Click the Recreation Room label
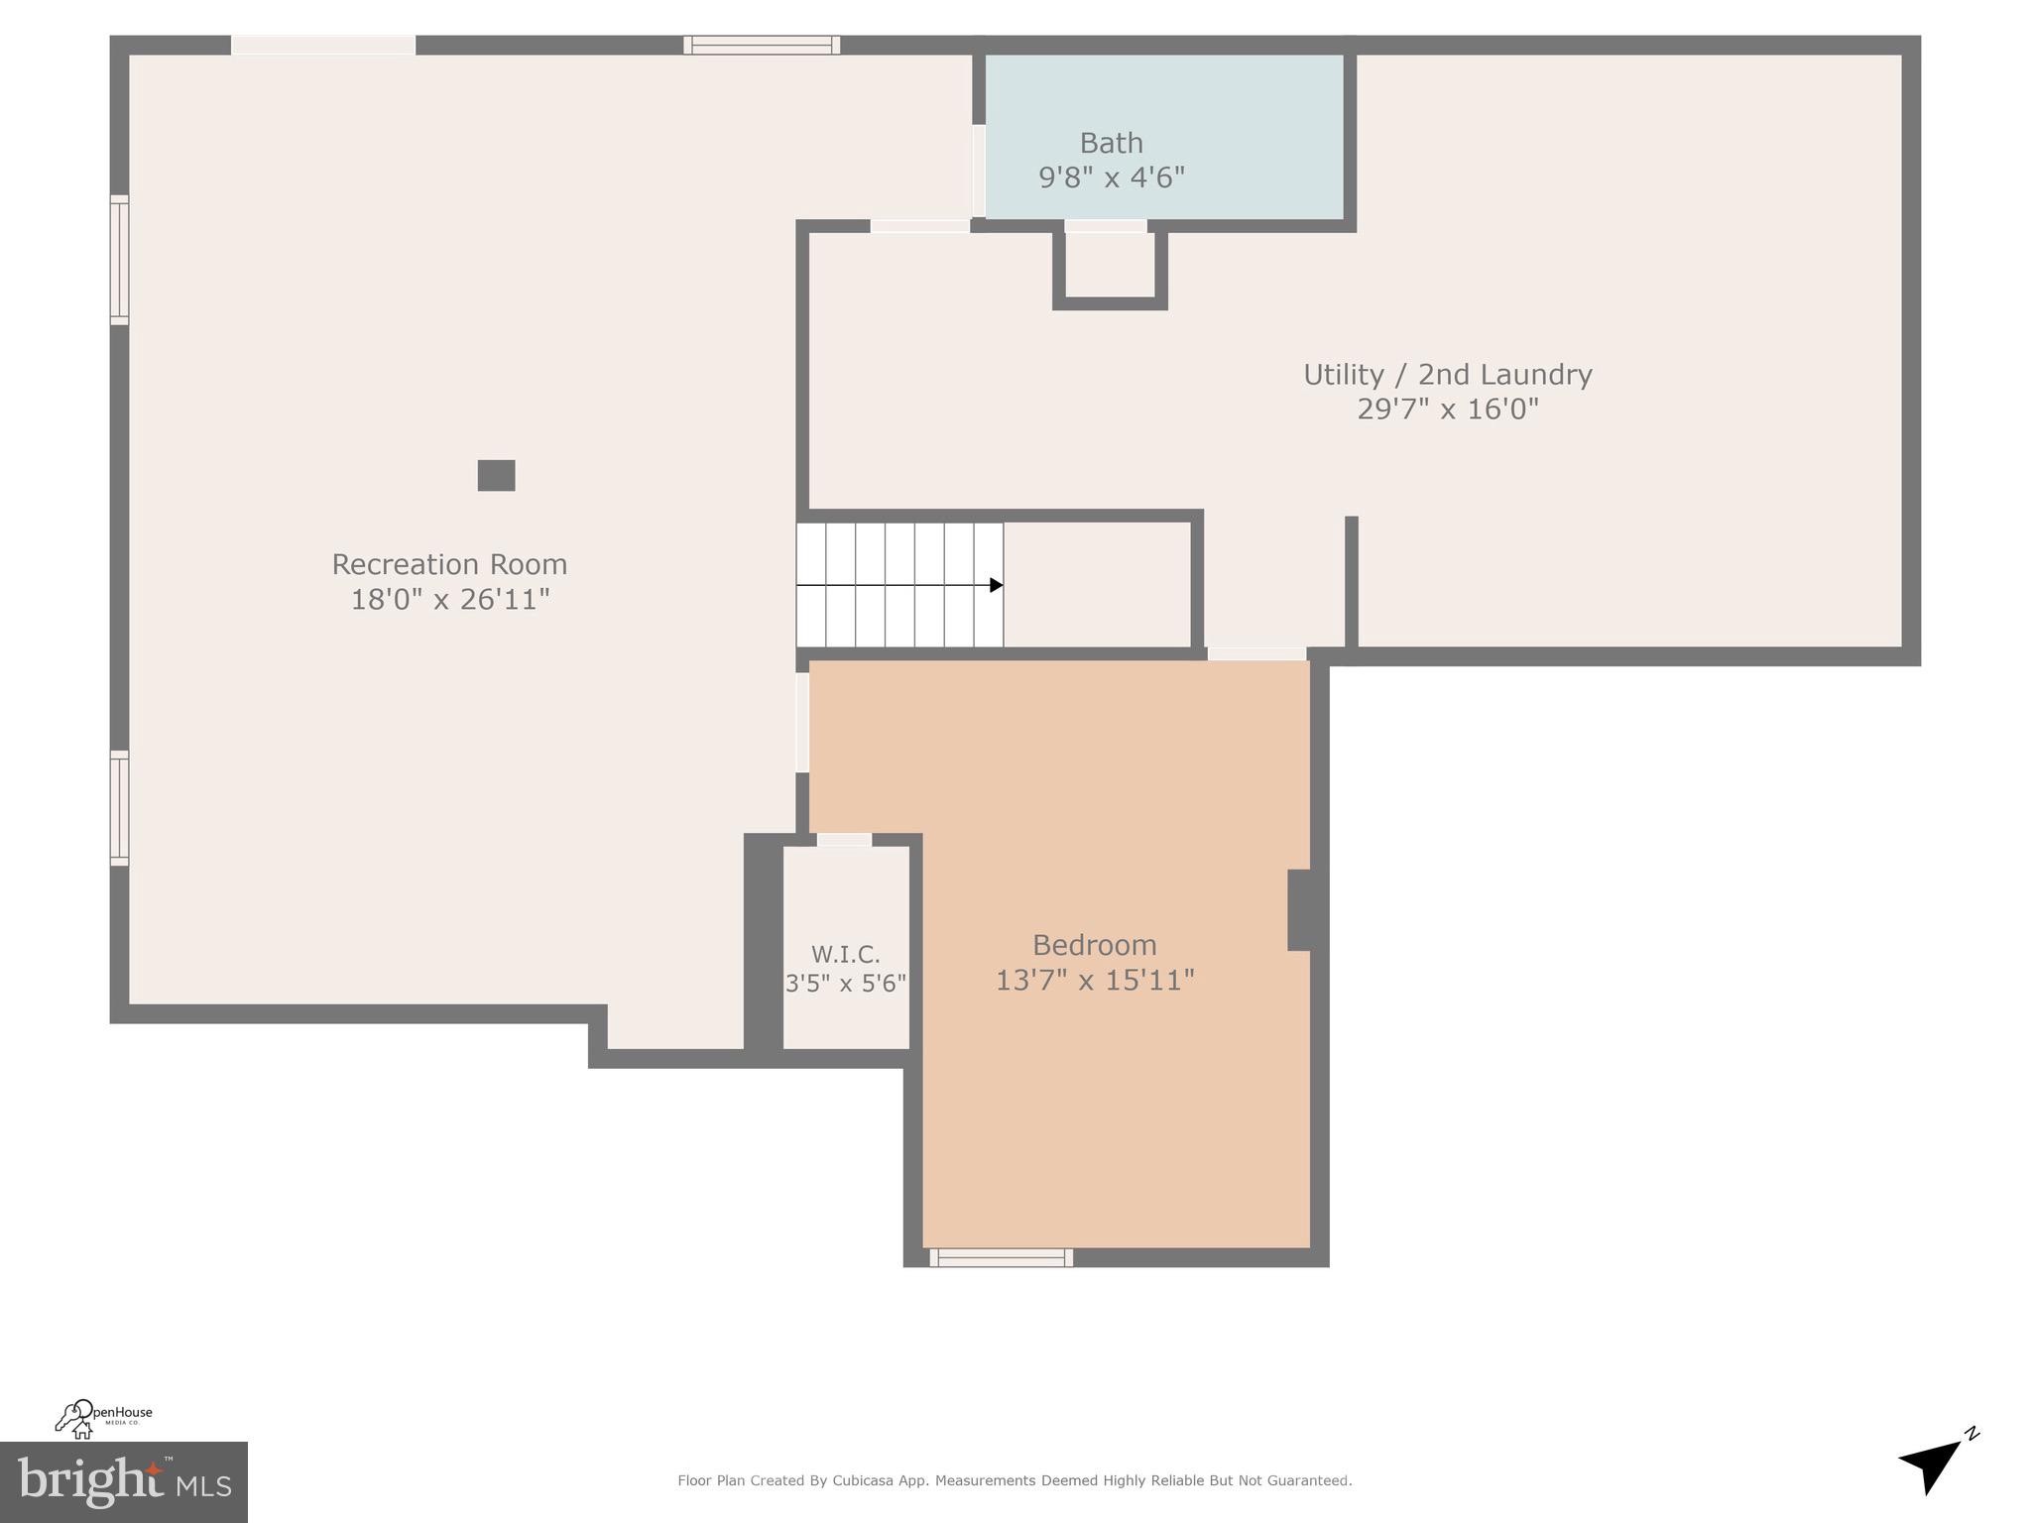click(449, 564)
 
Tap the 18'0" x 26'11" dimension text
click(449, 600)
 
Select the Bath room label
click(1111, 144)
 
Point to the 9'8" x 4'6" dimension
click(1111, 177)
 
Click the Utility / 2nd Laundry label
click(1447, 375)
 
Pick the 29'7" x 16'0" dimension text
click(1447, 410)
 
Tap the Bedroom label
click(1094, 945)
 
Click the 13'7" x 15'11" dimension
click(1094, 981)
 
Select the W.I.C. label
click(845, 955)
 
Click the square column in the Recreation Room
click(496, 476)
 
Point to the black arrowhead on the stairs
click(996, 585)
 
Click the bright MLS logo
click(123, 1481)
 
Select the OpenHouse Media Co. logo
click(103, 1418)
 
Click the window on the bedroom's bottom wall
click(1001, 1257)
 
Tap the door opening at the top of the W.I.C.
click(844, 840)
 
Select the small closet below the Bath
click(1110, 265)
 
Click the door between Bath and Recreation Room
click(979, 171)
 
